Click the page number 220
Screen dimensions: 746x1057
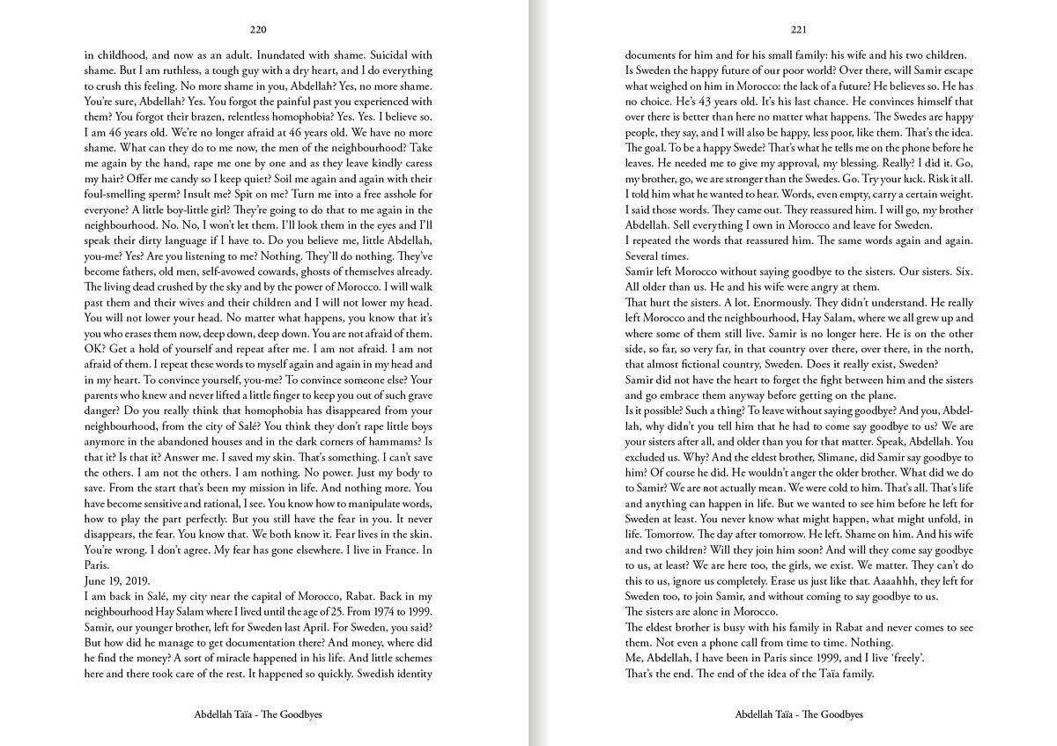coord(258,28)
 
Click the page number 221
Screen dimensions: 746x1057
coord(799,28)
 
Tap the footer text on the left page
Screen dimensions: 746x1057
coord(258,715)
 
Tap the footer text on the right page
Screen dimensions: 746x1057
coord(799,715)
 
